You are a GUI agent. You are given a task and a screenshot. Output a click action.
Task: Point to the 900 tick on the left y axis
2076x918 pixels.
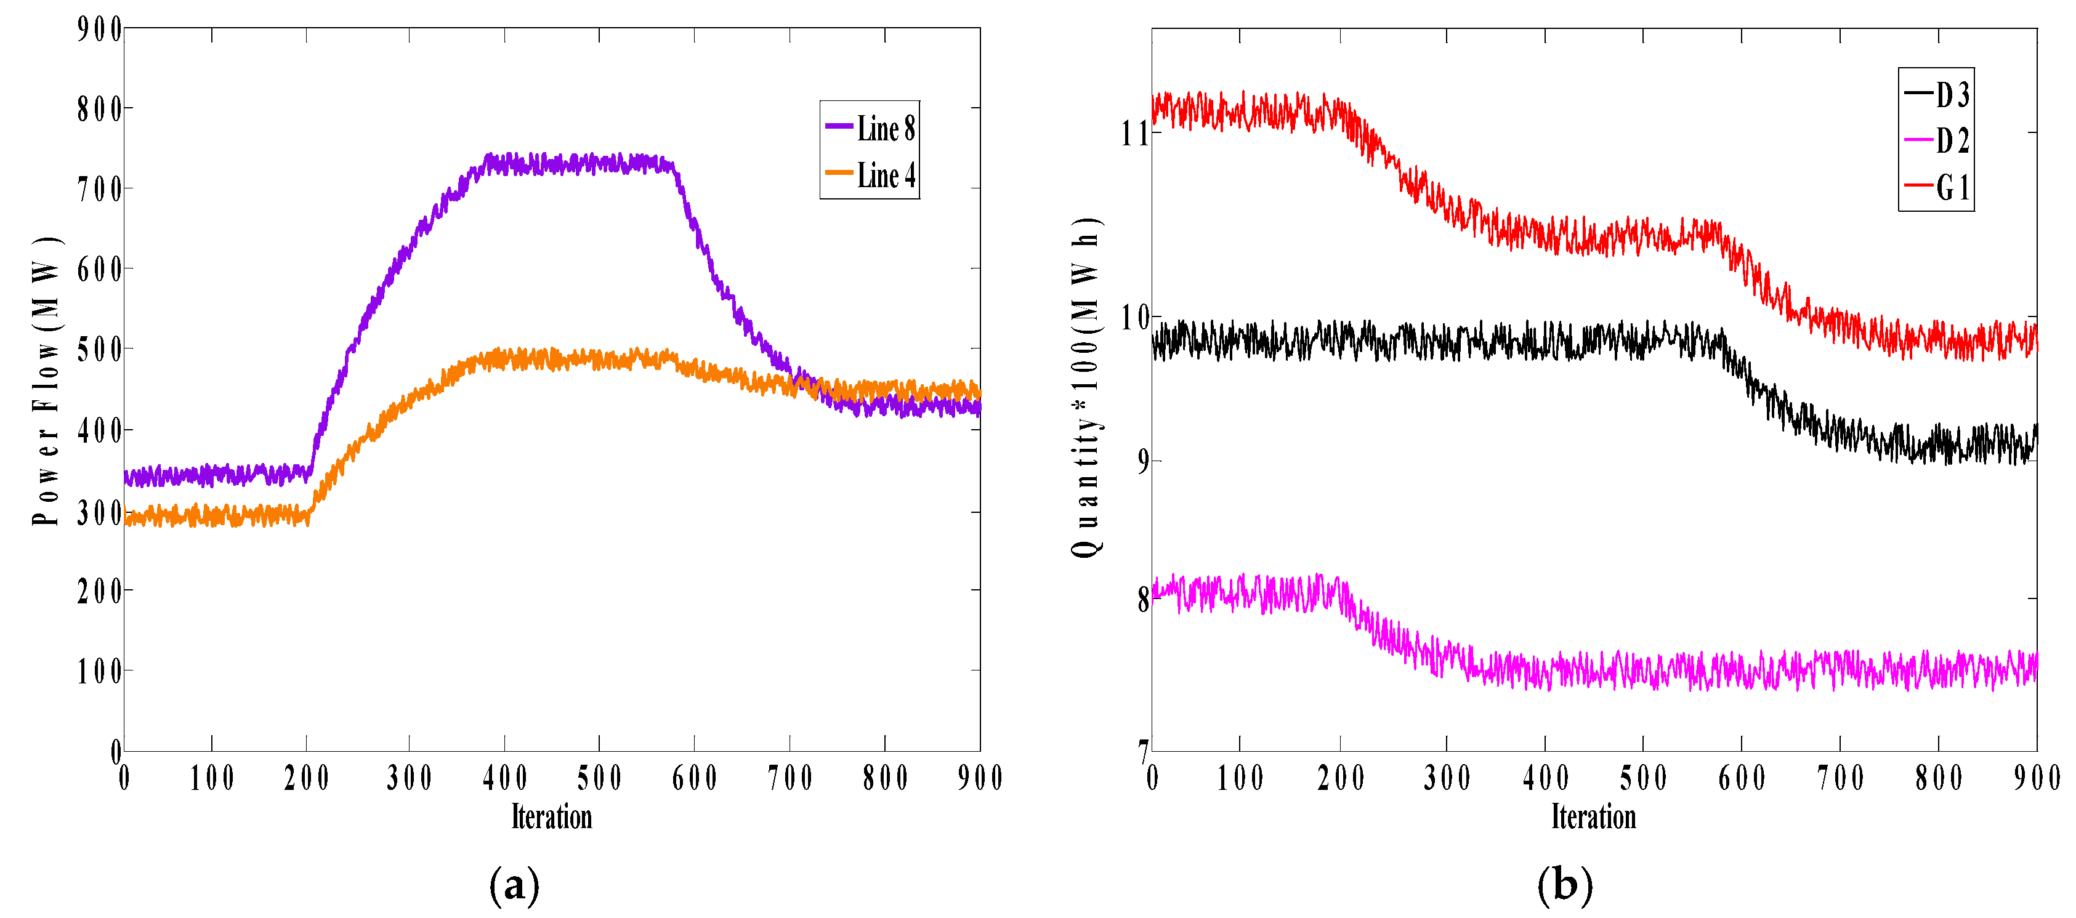pos(99,29)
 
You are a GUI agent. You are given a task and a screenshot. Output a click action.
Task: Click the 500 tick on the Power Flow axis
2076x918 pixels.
pos(99,350)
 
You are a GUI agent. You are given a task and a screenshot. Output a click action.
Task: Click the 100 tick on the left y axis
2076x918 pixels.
pos(99,670)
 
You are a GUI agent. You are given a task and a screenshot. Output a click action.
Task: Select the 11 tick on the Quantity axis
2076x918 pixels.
pos(1133,133)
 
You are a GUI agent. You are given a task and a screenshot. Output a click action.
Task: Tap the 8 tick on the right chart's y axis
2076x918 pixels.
pos(1142,600)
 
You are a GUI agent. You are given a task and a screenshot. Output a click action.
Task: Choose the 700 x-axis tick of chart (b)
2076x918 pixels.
pos(1840,778)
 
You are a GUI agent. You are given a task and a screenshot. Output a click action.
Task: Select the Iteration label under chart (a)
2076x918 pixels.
pos(551,817)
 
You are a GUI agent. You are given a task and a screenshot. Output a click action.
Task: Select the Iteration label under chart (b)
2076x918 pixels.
pos(1593,817)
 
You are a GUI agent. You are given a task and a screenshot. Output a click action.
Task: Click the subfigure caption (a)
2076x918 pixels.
pos(514,885)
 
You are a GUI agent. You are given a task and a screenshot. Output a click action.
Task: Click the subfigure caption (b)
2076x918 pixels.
pos(1564,885)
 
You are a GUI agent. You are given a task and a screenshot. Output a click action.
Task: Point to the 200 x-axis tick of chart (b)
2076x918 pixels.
pos(1340,778)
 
